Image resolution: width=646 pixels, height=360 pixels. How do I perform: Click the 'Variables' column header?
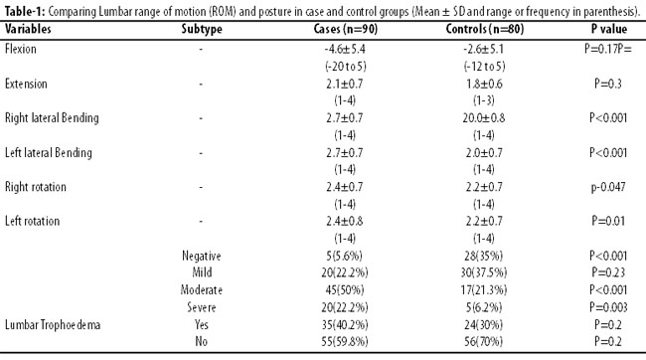pyautogui.click(x=28, y=29)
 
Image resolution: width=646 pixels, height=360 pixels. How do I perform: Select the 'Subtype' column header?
pyautogui.click(x=202, y=29)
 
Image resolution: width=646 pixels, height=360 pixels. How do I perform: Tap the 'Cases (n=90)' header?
pyautogui.click(x=345, y=29)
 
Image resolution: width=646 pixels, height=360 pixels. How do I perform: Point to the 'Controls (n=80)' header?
pyautogui.click(x=485, y=29)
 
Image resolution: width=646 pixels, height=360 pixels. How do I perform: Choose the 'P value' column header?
pyautogui.click(x=609, y=29)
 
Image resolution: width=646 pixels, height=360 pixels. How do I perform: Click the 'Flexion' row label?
pyautogui.click(x=21, y=49)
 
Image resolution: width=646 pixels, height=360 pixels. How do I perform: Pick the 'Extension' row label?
pyautogui.click(x=26, y=84)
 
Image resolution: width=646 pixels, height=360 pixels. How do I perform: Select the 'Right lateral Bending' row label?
pyautogui.click(x=52, y=118)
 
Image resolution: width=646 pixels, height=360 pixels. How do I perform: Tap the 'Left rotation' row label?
pyautogui.click(x=32, y=221)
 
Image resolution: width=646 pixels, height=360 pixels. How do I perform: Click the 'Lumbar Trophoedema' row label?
pyautogui.click(x=53, y=325)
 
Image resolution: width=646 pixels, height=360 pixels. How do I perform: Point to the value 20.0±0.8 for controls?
pyautogui.click(x=484, y=118)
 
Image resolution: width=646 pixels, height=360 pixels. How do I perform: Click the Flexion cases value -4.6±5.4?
pyautogui.click(x=345, y=49)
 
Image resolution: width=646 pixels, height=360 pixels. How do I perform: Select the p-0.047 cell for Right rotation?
pyautogui.click(x=608, y=187)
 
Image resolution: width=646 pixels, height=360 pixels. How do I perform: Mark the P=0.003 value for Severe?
pyautogui.click(x=608, y=307)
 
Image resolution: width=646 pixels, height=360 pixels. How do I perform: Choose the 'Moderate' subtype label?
pyautogui.click(x=202, y=290)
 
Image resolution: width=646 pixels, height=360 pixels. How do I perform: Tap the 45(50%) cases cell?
pyautogui.click(x=345, y=290)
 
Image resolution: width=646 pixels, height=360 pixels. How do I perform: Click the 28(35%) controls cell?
pyautogui.click(x=484, y=257)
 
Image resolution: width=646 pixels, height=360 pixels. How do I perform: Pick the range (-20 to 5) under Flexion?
pyautogui.click(x=345, y=67)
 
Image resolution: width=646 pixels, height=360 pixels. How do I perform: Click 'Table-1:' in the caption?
pyautogui.click(x=25, y=11)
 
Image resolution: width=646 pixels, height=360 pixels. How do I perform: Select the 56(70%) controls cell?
pyautogui.click(x=484, y=342)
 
